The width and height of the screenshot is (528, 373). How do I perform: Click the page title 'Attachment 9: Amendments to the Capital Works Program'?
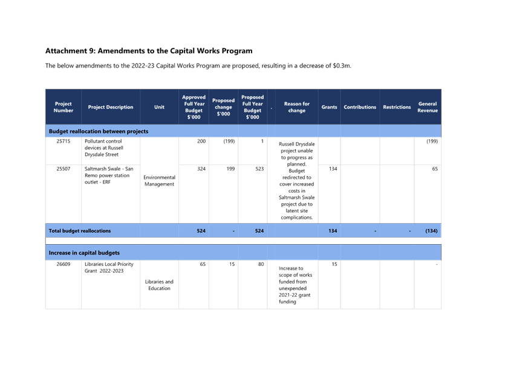[x=149, y=51]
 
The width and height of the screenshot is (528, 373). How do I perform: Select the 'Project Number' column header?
[x=64, y=107]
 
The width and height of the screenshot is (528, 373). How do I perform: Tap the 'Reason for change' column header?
[x=297, y=107]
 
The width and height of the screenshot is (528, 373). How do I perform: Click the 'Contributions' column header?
[x=360, y=107]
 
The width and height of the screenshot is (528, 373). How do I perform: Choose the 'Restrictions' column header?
[x=397, y=107]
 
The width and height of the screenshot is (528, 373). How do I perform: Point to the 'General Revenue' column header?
[x=428, y=107]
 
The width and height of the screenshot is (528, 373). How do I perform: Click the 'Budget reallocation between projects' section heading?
[x=99, y=131]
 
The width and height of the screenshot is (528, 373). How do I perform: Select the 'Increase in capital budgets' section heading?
[x=84, y=253]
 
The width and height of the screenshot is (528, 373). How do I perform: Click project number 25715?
[x=64, y=141]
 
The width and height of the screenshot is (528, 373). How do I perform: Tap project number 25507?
[x=64, y=169]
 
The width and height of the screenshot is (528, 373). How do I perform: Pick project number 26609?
[x=64, y=264]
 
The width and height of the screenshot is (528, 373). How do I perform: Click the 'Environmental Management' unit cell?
[x=159, y=181]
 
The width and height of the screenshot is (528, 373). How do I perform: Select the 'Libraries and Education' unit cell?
[x=159, y=285]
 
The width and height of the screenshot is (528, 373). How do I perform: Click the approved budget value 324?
[x=201, y=169]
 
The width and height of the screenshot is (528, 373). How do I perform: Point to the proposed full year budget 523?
[x=259, y=169]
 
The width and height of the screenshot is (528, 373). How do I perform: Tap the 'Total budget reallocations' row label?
[x=80, y=231]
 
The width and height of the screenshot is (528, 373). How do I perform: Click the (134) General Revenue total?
[x=431, y=231]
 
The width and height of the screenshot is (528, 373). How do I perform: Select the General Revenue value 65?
[x=435, y=169]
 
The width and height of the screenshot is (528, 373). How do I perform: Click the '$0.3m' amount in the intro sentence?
[x=342, y=66]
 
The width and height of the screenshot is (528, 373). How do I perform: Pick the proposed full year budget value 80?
[x=261, y=264]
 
